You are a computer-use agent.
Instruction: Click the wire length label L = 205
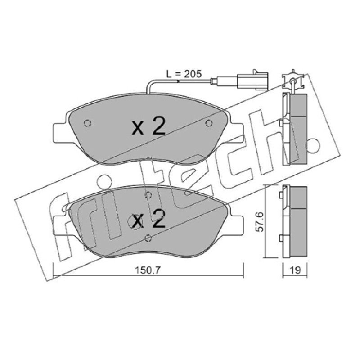(x=184, y=74)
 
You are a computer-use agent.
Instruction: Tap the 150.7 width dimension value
(x=148, y=270)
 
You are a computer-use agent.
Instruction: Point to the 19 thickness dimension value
(x=295, y=270)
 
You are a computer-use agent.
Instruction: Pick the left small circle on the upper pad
(x=87, y=123)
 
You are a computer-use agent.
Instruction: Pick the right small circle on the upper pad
(x=208, y=123)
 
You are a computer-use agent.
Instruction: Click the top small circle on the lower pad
(x=148, y=195)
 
